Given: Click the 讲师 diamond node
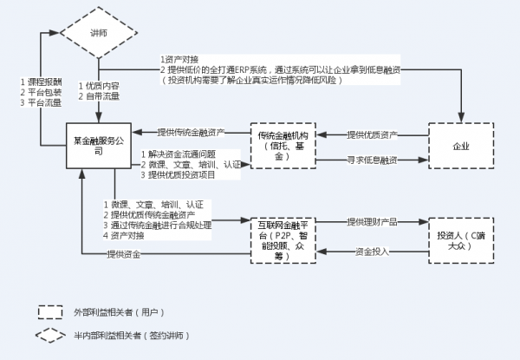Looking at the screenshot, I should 99,32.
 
